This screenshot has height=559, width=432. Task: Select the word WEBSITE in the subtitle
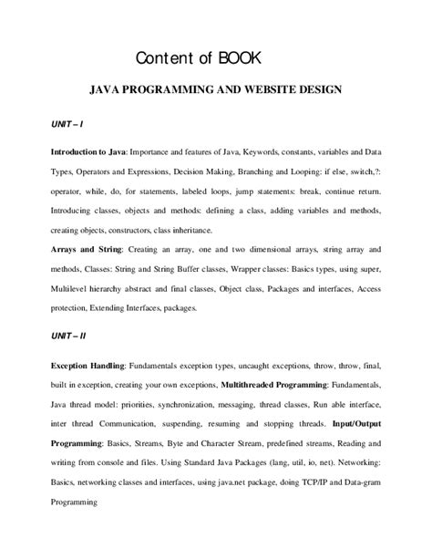coord(262,92)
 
